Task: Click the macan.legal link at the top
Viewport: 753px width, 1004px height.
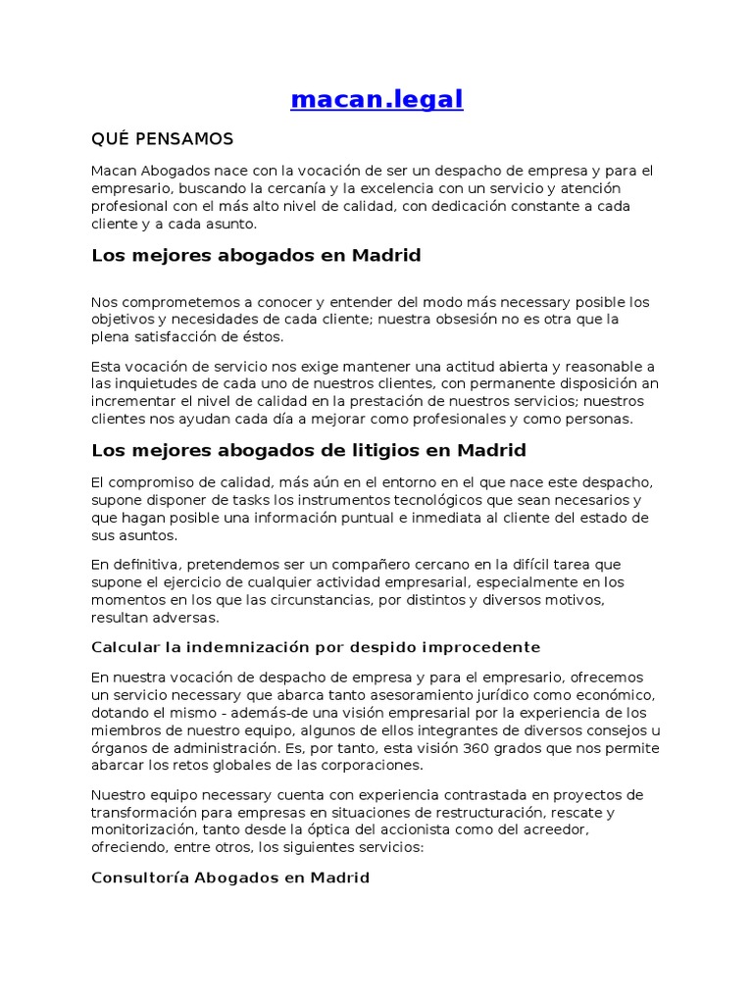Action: click(x=376, y=99)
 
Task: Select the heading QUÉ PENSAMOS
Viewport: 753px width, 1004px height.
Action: click(x=163, y=138)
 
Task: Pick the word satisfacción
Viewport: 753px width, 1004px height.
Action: click(x=173, y=336)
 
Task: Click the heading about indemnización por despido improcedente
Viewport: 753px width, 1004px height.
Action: click(x=316, y=647)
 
